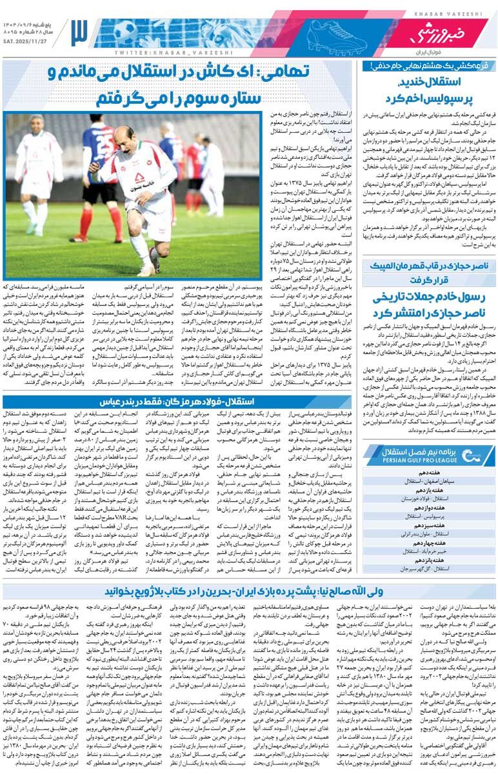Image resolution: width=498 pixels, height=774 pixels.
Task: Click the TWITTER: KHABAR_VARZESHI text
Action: pyautogui.click(x=152, y=52)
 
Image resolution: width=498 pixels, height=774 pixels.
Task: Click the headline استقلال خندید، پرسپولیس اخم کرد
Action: pyautogui.click(x=428, y=90)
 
